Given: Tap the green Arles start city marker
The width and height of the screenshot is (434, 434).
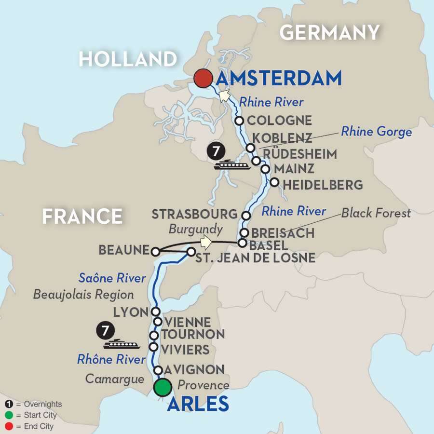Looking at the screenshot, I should click(163, 387).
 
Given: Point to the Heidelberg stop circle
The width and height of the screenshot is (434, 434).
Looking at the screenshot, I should click(274, 182).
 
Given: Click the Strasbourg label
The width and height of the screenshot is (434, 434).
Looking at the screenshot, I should click(195, 214).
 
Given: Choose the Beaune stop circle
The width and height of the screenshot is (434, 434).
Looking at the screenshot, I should click(155, 251).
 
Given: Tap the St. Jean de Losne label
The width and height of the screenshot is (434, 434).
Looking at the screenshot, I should click(255, 258).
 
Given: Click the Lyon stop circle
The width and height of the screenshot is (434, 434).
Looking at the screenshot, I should click(155, 312).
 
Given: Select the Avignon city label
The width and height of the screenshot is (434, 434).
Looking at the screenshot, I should click(194, 370).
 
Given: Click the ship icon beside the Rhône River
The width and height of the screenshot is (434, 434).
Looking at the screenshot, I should click(122, 344).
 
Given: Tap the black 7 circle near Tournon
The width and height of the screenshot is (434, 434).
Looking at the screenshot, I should click(102, 331).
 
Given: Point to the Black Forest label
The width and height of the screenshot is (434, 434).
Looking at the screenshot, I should click(376, 213).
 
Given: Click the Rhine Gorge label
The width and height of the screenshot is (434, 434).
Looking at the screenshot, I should click(377, 131).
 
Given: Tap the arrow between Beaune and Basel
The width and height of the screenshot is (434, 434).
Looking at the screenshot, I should click(206, 241).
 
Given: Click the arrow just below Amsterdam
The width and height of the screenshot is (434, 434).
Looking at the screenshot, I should click(223, 95).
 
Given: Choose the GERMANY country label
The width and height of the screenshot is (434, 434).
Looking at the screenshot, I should click(329, 32).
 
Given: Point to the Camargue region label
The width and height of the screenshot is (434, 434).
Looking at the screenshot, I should click(115, 379).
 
